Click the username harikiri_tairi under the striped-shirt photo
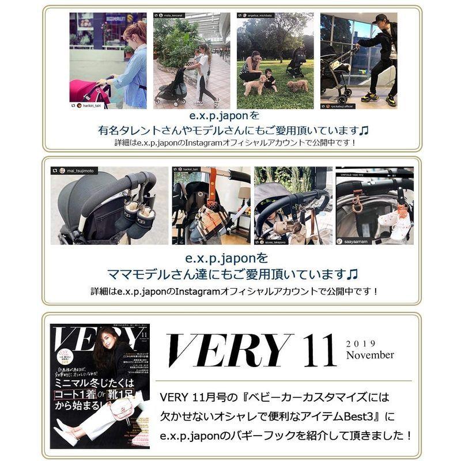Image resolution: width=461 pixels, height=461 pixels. [92, 107]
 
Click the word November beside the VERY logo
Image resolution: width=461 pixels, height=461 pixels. [370, 355]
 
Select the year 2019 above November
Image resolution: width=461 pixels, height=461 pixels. [361, 343]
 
